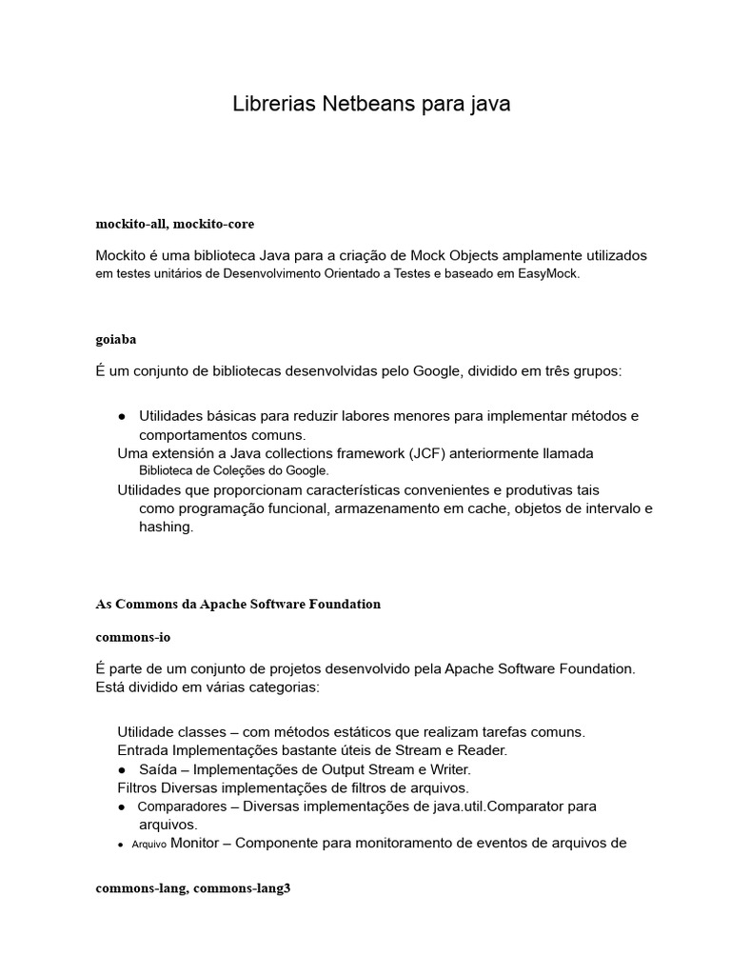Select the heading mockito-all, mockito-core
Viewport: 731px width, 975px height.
[174, 224]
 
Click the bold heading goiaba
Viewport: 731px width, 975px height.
[116, 339]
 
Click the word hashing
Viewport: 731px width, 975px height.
[166, 527]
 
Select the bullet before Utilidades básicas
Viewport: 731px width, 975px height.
[123, 416]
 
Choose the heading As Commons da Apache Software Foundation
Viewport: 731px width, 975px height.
[238, 604]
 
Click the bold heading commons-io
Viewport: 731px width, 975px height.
[132, 636]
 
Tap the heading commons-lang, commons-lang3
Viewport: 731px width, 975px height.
[192, 888]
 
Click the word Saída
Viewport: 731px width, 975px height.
[159, 768]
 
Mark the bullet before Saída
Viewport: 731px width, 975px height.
[123, 768]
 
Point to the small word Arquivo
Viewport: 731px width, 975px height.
[148, 845]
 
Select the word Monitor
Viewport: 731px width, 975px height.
[200, 843]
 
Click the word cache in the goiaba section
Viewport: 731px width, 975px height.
[512, 508]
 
